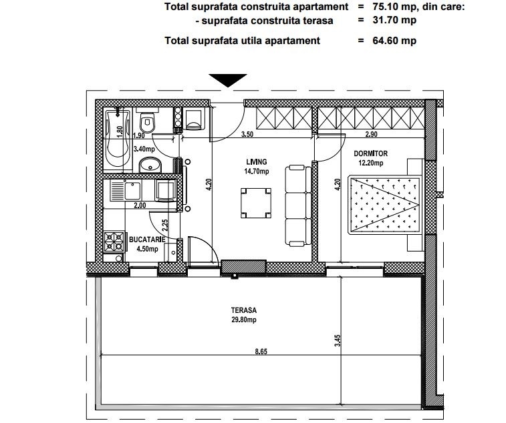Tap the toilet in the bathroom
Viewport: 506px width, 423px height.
[148, 121]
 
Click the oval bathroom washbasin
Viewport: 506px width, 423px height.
[150, 165]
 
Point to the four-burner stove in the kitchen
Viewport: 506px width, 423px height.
[114, 242]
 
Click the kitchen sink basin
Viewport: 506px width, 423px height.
[132, 191]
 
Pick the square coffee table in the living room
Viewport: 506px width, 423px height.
[256, 203]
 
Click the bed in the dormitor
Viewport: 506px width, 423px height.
[384, 205]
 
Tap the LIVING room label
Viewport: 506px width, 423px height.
[257, 162]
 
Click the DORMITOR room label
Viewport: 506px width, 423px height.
[371, 153]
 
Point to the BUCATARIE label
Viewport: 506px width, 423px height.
[147, 240]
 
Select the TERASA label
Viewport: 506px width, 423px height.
[243, 310]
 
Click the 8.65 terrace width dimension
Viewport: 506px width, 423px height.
[261, 352]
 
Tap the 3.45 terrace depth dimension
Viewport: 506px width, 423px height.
[338, 340]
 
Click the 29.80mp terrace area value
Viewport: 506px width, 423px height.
[243, 320]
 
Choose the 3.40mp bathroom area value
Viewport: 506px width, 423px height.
[144, 149]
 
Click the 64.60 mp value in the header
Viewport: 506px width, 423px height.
[394, 41]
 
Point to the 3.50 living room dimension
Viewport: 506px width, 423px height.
[247, 134]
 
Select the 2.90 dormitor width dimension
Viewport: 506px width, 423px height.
[371, 134]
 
